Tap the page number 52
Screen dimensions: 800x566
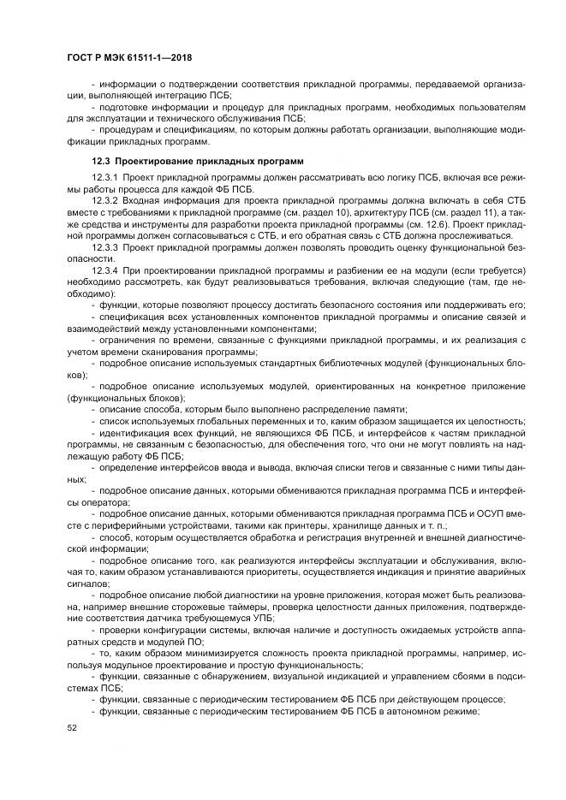71,728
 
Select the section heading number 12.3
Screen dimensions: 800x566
101,161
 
